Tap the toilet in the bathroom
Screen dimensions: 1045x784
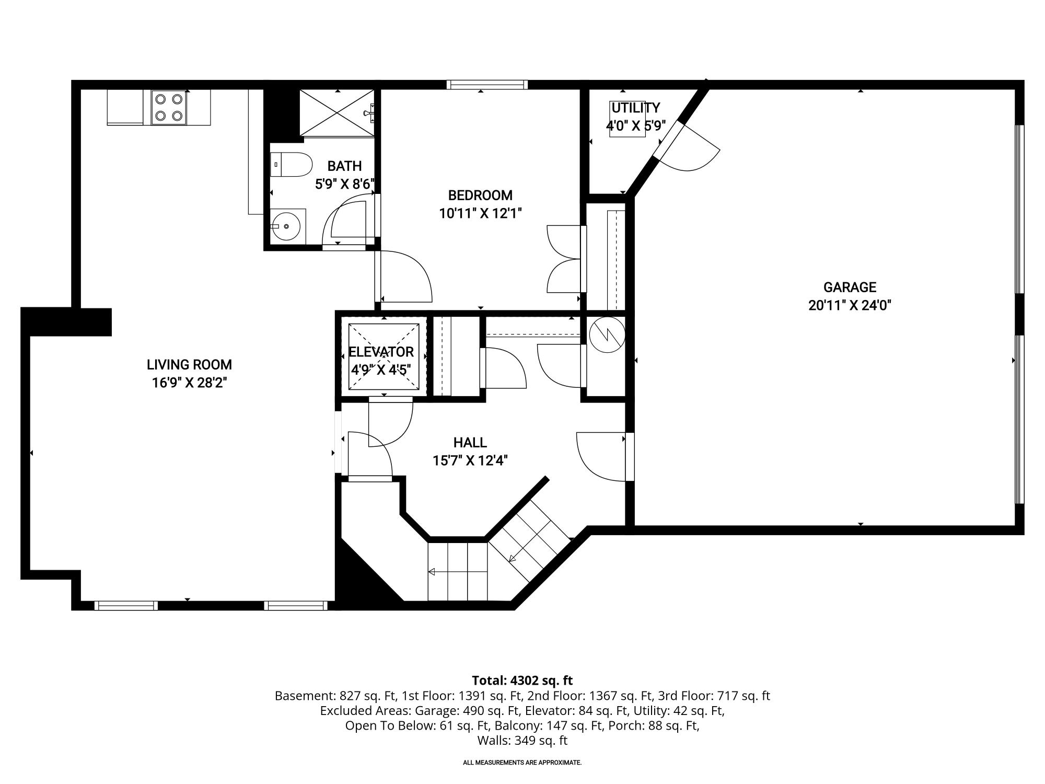[x=291, y=165]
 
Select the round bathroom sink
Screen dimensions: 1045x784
[x=287, y=226]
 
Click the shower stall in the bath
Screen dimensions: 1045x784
[x=337, y=113]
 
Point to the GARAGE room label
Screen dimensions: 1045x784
[x=850, y=287]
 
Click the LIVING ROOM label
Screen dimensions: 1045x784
[x=189, y=364]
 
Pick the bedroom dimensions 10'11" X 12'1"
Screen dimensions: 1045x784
[x=480, y=213]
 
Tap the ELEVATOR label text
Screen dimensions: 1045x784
[x=381, y=352]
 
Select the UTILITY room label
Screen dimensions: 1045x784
[x=635, y=108]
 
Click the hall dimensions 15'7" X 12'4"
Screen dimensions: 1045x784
[x=470, y=460]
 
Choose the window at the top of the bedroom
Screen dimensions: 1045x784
[x=487, y=85]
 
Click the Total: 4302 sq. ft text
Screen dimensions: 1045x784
[x=522, y=681]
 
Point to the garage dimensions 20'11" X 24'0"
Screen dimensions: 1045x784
[x=850, y=305]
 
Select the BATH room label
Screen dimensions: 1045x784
[x=344, y=166]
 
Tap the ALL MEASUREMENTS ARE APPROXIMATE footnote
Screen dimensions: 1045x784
[x=522, y=763]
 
